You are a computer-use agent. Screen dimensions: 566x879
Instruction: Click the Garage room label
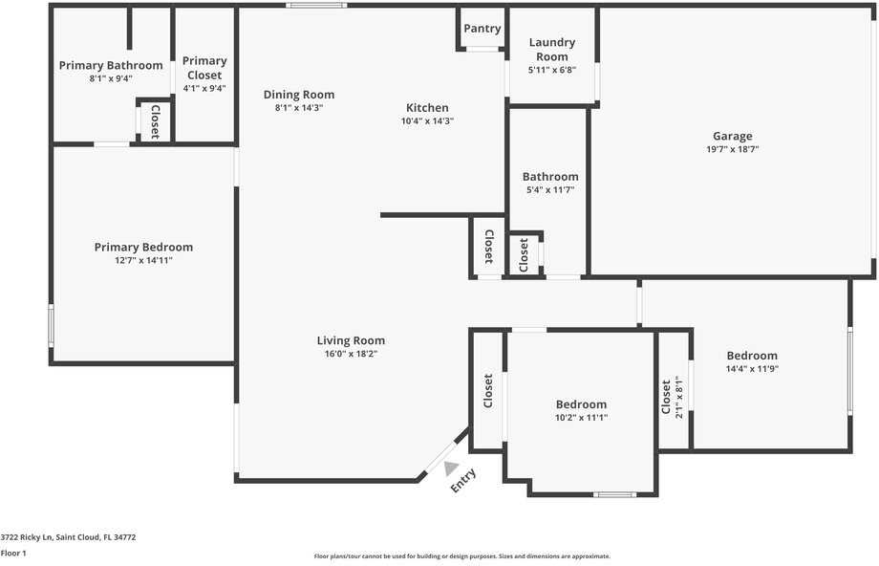(x=732, y=136)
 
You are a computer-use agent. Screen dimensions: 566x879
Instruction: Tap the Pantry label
(x=482, y=29)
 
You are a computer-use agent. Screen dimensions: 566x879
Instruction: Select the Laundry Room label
(x=551, y=50)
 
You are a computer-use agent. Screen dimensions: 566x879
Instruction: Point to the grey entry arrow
(x=451, y=468)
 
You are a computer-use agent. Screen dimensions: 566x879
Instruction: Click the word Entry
(x=463, y=480)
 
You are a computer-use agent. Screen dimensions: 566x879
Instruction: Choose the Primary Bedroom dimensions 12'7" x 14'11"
(x=143, y=260)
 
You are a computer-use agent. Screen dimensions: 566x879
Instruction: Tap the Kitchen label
(x=427, y=108)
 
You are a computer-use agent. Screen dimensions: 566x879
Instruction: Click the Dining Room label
(x=299, y=95)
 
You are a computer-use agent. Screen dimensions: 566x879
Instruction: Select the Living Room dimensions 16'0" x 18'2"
(x=351, y=354)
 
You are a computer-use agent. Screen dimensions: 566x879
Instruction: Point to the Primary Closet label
(x=204, y=68)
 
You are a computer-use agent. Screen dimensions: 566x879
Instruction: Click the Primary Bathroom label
(x=111, y=66)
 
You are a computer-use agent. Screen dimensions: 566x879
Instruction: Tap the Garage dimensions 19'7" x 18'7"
(x=732, y=150)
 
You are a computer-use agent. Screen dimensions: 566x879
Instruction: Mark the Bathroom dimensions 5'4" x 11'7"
(x=549, y=190)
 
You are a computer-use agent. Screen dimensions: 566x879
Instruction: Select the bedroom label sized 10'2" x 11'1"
(x=581, y=404)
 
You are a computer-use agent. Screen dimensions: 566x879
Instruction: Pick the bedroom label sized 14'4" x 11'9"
(x=751, y=356)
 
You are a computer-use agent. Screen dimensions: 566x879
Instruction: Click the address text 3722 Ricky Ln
(x=68, y=537)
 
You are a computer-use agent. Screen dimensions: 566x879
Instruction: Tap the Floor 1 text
(x=13, y=553)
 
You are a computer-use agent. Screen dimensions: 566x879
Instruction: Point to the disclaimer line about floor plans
(x=461, y=556)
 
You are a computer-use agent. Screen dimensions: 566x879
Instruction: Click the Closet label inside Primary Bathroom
(x=154, y=121)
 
